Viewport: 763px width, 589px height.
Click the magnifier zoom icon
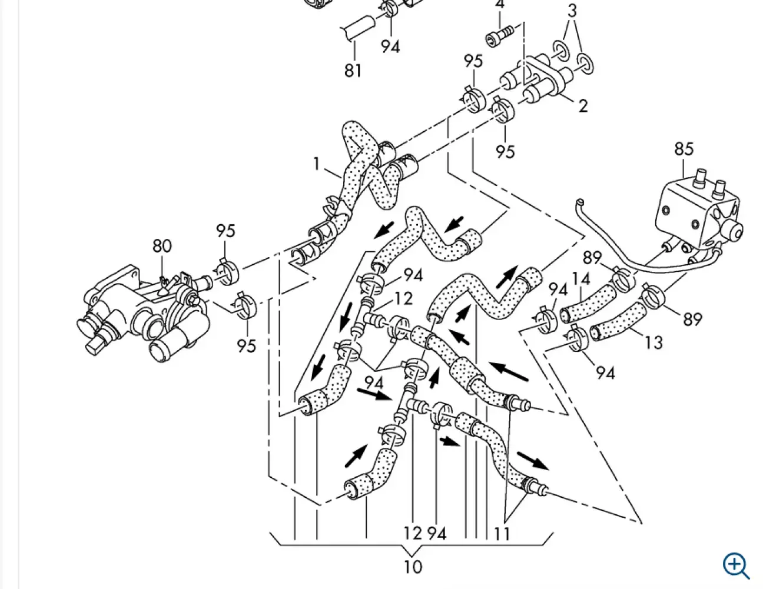(735, 565)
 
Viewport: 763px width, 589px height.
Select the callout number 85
(684, 149)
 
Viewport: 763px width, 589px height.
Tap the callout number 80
(162, 246)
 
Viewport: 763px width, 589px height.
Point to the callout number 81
(353, 70)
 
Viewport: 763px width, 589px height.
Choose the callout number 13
(653, 342)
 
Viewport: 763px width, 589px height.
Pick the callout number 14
(581, 279)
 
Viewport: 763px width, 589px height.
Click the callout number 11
(502, 534)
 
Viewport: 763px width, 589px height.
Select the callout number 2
(583, 105)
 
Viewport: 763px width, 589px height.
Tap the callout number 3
(572, 11)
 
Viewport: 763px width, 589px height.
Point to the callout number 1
(317, 164)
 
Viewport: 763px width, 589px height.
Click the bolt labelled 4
(499, 36)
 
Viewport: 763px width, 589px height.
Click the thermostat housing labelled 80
(144, 312)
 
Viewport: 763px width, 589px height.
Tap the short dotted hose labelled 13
(618, 322)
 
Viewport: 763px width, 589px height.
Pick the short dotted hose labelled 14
(587, 304)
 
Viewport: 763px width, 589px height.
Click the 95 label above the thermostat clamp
(225, 231)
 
